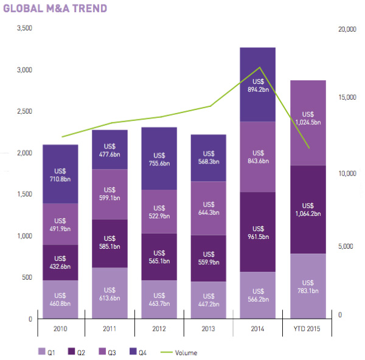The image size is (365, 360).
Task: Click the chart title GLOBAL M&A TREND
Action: (55, 9)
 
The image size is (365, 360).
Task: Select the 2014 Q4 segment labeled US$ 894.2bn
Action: (258, 85)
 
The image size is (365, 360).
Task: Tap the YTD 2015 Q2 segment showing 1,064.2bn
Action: (308, 209)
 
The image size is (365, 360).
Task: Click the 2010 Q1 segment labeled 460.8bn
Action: (60, 299)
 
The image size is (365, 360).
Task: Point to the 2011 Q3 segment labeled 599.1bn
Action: (109, 193)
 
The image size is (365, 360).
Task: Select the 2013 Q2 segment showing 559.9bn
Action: (209, 258)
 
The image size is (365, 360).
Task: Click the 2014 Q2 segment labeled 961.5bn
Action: (258, 231)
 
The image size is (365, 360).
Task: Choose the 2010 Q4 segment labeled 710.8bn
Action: (60, 174)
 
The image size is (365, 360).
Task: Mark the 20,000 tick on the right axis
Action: (346, 29)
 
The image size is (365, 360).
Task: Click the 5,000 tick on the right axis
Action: (345, 246)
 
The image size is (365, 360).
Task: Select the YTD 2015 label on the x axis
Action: (308, 329)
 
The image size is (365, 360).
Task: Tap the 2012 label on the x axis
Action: (159, 329)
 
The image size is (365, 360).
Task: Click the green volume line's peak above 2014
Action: (260, 67)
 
